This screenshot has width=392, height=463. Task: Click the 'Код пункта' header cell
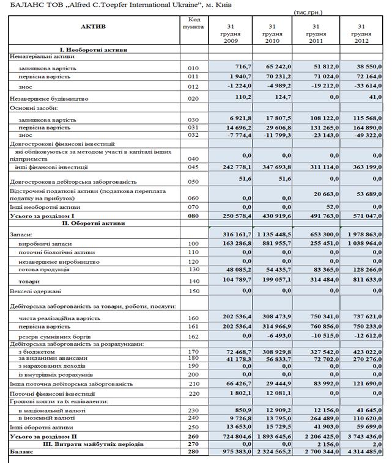(195, 24)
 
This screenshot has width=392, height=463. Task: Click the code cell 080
(194, 216)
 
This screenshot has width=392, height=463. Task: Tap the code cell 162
(194, 337)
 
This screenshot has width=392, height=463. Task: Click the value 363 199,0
(363, 167)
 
